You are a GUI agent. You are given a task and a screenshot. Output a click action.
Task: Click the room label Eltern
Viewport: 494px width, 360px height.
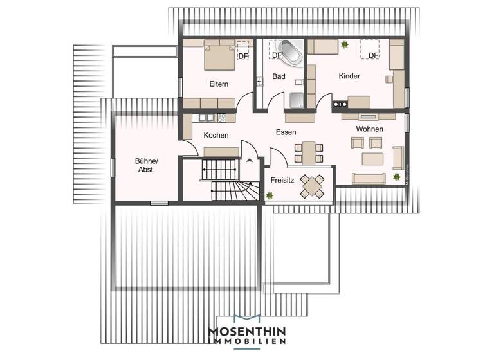coord(220,84)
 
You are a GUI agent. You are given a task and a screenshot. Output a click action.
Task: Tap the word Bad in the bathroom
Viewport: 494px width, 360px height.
coord(279,76)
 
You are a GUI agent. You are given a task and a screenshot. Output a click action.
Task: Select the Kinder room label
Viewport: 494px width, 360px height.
coord(349,76)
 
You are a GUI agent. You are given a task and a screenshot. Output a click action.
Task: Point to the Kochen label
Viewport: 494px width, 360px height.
coord(216,135)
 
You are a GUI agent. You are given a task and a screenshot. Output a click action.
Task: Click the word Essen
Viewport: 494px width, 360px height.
coord(286,132)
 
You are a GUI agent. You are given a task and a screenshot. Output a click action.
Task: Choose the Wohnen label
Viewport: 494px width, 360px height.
coord(369,129)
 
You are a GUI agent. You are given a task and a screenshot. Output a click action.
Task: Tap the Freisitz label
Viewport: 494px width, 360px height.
coord(282,181)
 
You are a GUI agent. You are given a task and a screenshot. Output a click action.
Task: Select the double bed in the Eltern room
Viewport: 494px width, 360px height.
coord(220,55)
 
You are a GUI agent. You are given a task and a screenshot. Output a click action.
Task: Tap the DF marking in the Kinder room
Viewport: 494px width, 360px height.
coord(373,55)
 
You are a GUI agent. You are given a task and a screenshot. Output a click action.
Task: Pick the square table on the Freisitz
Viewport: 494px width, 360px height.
coord(313,185)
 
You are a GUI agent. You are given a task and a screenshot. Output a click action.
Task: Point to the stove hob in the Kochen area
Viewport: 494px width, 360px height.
coord(222,118)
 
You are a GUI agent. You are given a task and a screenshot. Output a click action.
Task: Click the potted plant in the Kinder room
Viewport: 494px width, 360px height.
coord(345,44)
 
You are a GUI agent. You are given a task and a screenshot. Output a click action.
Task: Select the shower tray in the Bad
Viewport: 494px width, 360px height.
coord(298,101)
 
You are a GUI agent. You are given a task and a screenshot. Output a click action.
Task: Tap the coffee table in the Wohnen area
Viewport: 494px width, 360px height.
coord(373,158)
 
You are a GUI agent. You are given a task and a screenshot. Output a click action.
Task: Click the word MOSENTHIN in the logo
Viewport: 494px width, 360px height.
coord(246,331)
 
